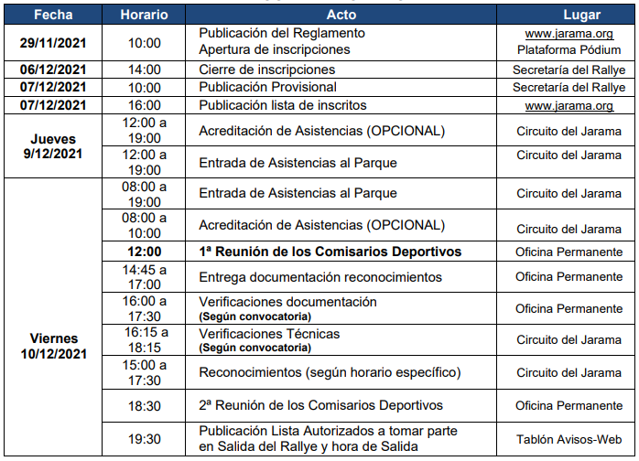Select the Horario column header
tap(143, 16)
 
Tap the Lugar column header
tap(568, 16)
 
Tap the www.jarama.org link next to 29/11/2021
tap(569, 34)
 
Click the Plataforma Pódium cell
tap(569, 50)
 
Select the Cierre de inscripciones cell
tap(267, 70)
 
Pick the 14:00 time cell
tap(144, 70)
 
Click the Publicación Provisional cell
tap(262, 87)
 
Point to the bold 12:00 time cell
tap(144, 252)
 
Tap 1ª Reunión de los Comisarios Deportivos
tap(330, 252)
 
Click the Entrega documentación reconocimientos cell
tap(320, 276)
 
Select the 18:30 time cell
tap(144, 405)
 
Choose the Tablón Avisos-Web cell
tap(569, 439)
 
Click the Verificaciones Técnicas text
tap(269, 333)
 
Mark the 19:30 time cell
tap(144, 439)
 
